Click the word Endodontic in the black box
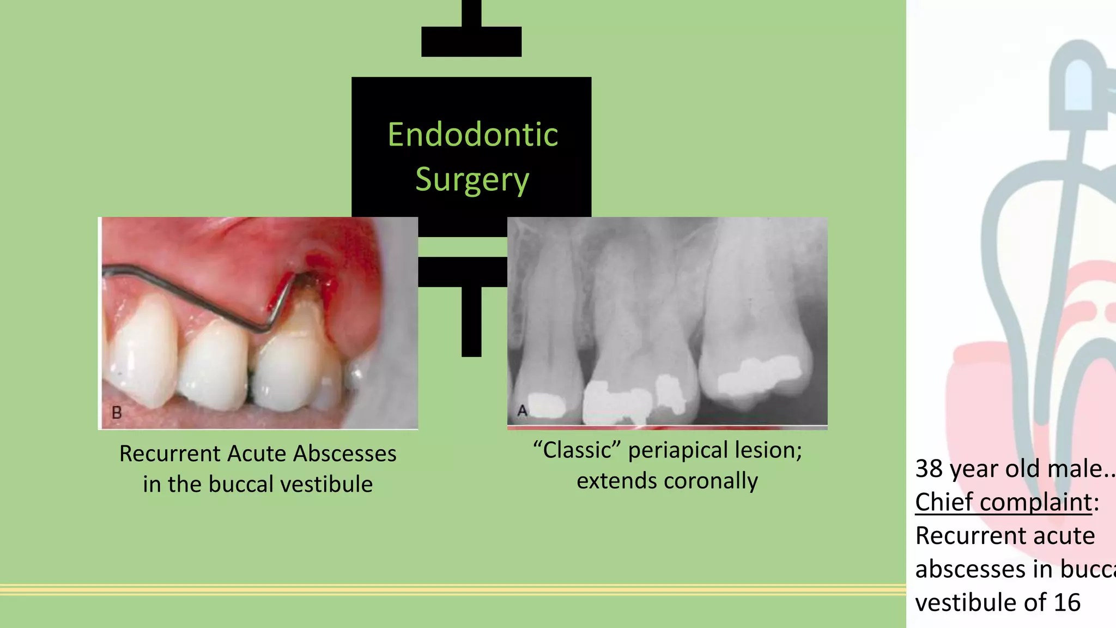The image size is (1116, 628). pos(472,135)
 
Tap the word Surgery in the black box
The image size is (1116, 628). pos(472,180)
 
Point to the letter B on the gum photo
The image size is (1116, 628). pos(117,413)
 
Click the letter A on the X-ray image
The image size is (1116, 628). pos(522,410)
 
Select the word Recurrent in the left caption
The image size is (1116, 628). pos(169,454)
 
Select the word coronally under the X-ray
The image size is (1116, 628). pos(711,481)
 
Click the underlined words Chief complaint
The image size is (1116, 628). pos(1003,502)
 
